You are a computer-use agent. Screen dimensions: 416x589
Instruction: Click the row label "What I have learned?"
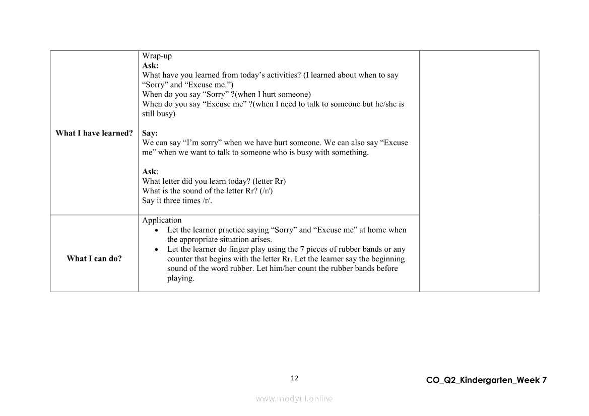point(94,133)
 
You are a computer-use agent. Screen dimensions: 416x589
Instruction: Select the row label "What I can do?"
point(94,258)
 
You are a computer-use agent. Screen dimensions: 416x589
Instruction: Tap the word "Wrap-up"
point(157,56)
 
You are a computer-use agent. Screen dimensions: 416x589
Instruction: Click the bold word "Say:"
point(150,133)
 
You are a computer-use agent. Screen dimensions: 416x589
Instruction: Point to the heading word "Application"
point(162,220)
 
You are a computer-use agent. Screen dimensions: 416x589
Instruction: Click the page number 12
point(295,378)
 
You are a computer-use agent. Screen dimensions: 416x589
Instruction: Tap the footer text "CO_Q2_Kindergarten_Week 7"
point(486,380)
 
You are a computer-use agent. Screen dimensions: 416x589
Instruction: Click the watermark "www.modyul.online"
point(294,398)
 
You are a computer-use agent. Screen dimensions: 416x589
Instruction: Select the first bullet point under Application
point(159,230)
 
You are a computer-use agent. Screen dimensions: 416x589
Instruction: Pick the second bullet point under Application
point(159,249)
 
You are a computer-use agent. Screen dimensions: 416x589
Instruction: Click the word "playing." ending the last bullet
point(180,278)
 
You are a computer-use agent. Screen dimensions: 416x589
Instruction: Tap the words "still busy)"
point(159,114)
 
